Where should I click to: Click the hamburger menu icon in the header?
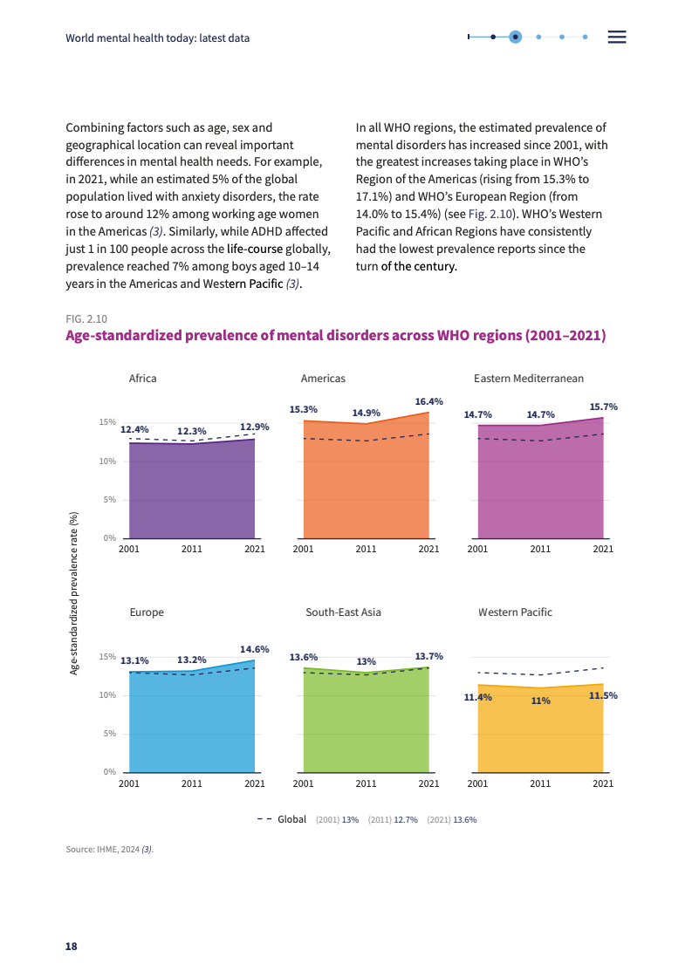click(617, 37)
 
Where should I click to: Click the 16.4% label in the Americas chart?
click(428, 401)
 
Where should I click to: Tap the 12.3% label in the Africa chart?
click(191, 431)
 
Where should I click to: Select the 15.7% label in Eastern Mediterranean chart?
click(603, 407)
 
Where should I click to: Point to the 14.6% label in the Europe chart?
click(254, 649)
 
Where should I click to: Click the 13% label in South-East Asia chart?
click(367, 661)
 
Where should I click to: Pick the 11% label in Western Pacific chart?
click(540, 701)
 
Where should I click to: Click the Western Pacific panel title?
click(515, 612)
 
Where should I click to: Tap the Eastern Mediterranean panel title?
click(529, 379)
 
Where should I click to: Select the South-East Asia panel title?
click(343, 612)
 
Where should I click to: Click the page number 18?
click(72, 947)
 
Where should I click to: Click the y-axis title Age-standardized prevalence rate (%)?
click(74, 593)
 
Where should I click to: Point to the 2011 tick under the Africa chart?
click(191, 549)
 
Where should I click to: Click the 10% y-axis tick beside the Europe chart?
click(108, 695)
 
